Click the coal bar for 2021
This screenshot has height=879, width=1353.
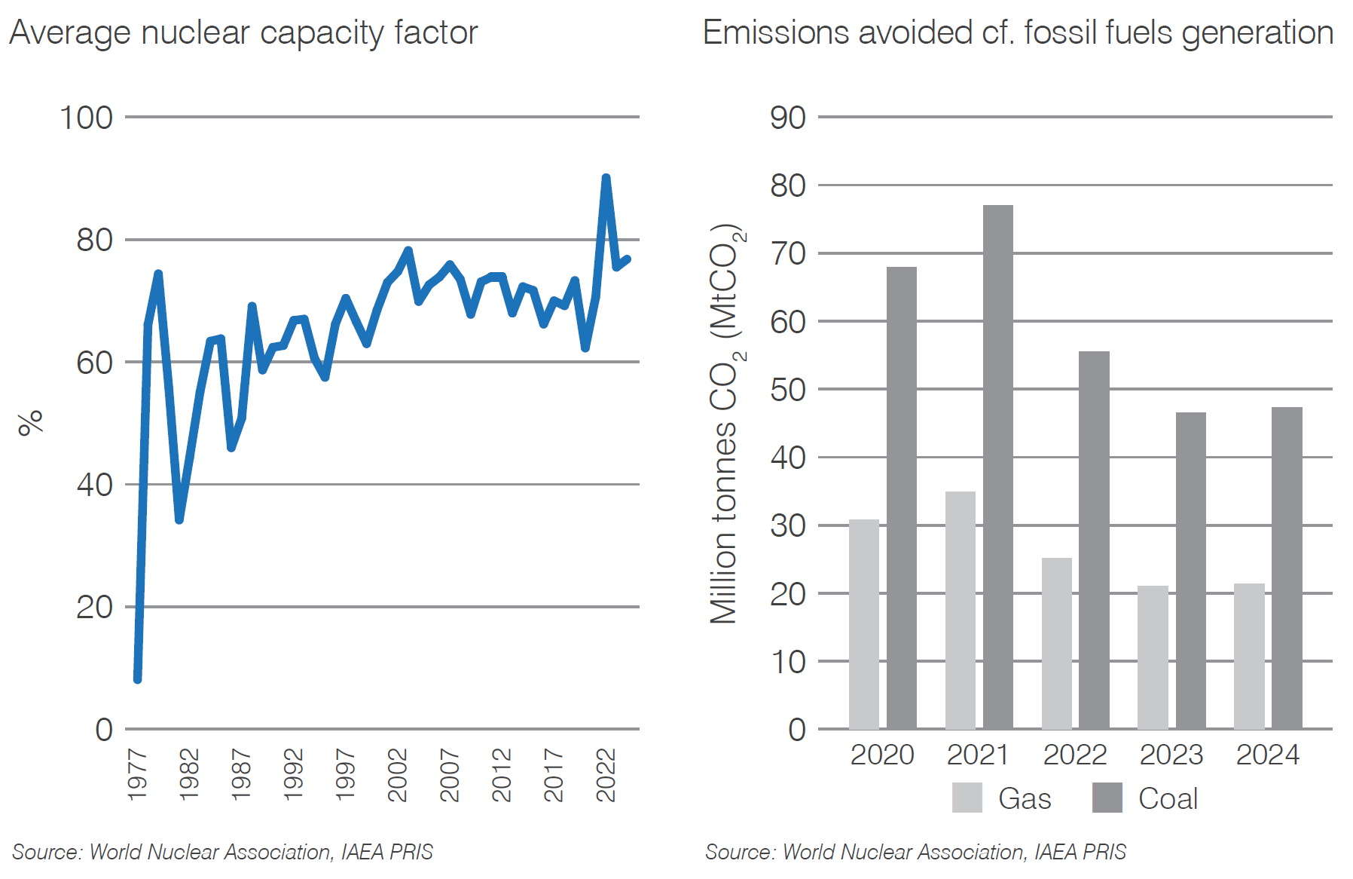(x=997, y=467)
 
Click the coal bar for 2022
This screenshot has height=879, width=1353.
(x=1094, y=540)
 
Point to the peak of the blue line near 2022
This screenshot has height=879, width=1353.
(x=606, y=179)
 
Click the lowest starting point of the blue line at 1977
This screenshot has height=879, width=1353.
(x=138, y=678)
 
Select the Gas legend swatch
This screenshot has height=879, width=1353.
(x=967, y=798)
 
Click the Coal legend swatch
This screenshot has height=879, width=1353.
(x=1107, y=798)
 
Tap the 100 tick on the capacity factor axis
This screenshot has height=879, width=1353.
(x=86, y=118)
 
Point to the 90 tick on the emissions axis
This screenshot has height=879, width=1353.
(x=787, y=118)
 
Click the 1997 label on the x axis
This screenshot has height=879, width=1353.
(x=345, y=774)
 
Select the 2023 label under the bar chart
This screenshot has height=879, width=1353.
(x=1171, y=755)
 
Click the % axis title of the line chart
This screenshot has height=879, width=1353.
(x=31, y=423)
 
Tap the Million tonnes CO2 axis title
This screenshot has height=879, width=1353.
(x=725, y=424)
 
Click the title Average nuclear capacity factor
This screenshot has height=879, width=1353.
(x=243, y=33)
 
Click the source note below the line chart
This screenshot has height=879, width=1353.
(x=222, y=852)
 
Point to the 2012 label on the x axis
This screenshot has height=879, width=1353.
(x=502, y=774)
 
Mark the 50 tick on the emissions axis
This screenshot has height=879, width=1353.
(x=787, y=390)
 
